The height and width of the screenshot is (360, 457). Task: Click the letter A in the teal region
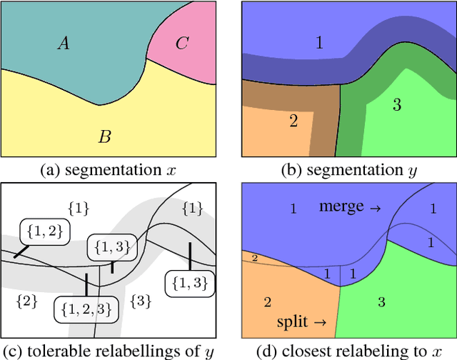point(64,44)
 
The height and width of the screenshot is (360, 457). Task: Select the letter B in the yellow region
point(104,136)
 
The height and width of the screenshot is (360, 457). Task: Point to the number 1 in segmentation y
point(318,43)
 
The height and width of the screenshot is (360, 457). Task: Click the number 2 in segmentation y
point(293,120)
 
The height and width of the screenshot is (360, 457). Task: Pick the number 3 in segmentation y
point(397,105)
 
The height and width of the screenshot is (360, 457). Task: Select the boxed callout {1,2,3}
point(84,308)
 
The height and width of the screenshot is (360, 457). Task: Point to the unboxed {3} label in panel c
point(140,301)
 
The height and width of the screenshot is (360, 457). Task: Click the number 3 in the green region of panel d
point(381,303)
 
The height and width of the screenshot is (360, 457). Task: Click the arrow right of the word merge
point(374,208)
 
